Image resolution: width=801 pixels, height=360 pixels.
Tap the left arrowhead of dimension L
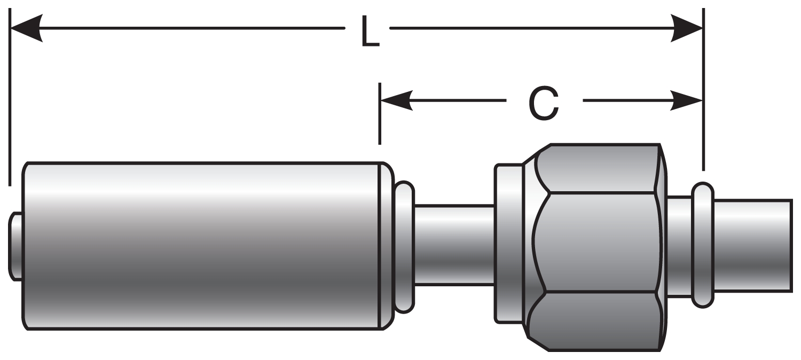click(x=27, y=28)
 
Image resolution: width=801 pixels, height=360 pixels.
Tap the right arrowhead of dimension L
click(x=687, y=28)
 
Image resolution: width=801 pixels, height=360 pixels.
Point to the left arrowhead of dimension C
click(x=396, y=100)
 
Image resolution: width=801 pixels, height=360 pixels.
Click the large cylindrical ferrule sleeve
click(x=203, y=246)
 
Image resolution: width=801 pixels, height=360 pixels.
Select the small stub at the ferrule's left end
click(x=15, y=246)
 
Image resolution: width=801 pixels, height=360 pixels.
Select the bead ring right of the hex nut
click(x=702, y=245)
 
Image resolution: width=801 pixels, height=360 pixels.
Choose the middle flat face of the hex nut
click(x=601, y=243)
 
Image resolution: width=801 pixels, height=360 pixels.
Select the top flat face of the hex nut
click(x=601, y=168)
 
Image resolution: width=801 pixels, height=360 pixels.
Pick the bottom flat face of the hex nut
click(x=601, y=320)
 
